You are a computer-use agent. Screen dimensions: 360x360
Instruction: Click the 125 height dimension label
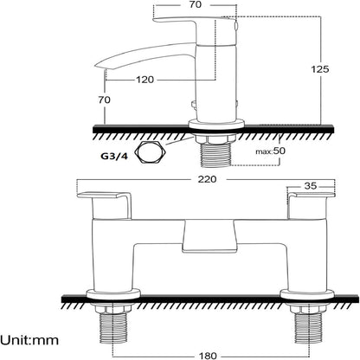(320, 69)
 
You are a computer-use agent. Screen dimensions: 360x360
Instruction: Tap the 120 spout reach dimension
(145, 80)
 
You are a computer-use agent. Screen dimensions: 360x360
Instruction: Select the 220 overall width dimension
(207, 179)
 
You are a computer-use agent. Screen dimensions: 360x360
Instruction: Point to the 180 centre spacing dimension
(208, 356)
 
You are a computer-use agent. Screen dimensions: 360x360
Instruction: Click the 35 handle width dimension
(311, 186)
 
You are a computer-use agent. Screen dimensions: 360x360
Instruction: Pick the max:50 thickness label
(270, 151)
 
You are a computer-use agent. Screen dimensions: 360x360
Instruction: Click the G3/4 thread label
(113, 156)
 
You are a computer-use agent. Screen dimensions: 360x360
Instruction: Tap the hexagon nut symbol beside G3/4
(151, 153)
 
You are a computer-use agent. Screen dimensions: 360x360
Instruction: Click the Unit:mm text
(29, 340)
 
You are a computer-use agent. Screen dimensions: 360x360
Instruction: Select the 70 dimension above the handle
(196, 4)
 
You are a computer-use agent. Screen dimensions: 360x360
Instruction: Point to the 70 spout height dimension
(104, 100)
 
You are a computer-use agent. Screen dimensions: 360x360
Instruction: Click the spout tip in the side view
(99, 65)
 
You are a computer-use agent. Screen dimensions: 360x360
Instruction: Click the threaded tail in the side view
(215, 155)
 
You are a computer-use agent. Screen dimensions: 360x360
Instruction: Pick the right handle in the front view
(312, 205)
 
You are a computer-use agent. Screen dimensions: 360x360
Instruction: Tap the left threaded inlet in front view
(112, 329)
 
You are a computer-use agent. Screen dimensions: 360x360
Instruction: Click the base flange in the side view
(216, 125)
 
